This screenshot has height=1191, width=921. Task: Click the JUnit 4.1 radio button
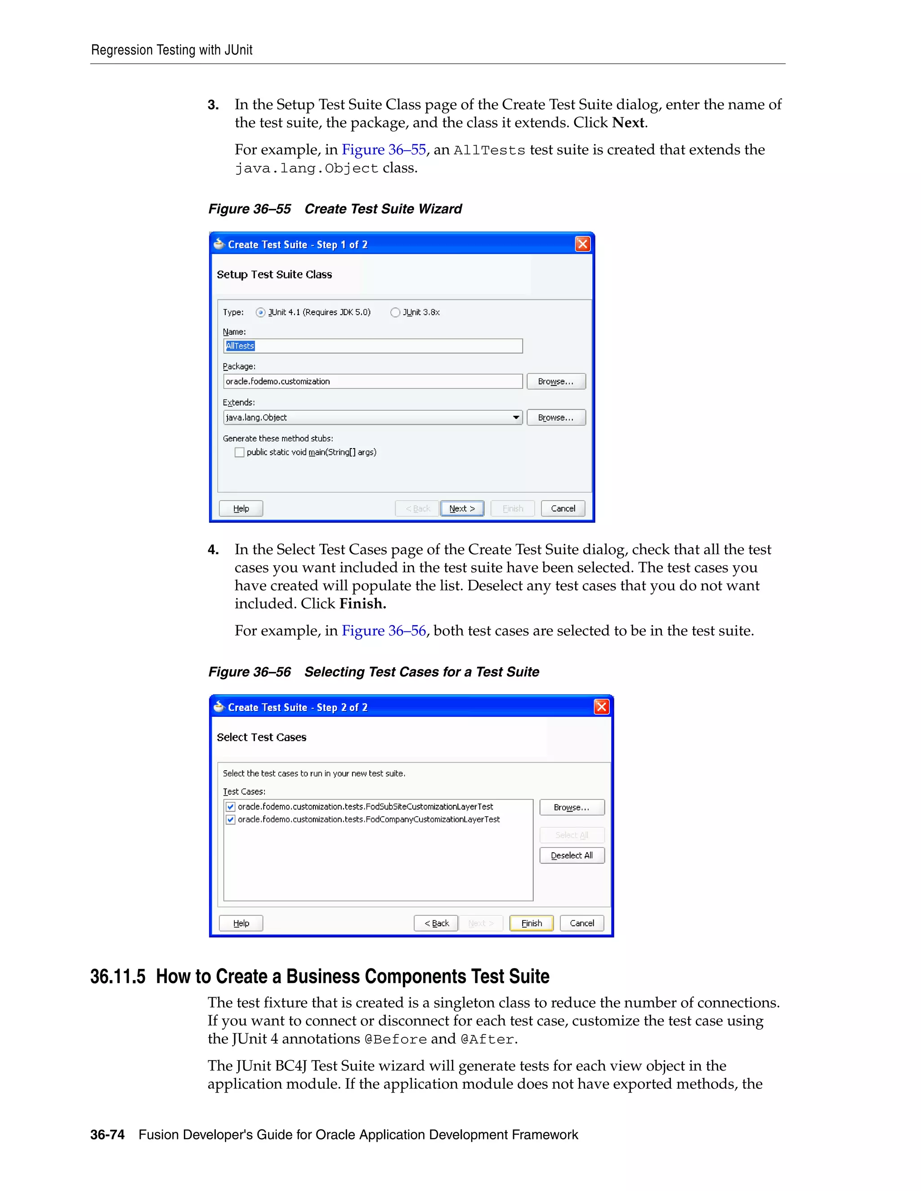[x=260, y=312]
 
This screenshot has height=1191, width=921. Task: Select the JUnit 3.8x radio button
[x=395, y=312]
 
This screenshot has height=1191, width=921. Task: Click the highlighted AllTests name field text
[x=240, y=346]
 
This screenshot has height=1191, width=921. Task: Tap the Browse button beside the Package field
[x=555, y=381]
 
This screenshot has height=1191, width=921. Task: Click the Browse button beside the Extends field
[x=555, y=417]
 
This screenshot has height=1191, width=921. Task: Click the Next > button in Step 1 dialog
[x=461, y=508]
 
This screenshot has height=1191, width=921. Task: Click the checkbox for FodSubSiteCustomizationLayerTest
[x=231, y=807]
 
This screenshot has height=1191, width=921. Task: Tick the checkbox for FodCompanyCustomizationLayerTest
[x=231, y=820]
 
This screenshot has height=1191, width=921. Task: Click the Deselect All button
[x=571, y=855]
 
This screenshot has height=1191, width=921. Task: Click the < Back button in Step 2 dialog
[x=436, y=923]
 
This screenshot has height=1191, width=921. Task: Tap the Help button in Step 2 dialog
[x=241, y=923]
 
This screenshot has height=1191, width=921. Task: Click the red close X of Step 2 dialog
[x=601, y=707]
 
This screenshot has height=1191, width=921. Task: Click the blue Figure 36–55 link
[x=383, y=149]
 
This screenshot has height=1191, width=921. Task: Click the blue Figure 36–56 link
[x=383, y=631]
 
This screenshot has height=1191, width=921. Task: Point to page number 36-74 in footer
[x=107, y=1135]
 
